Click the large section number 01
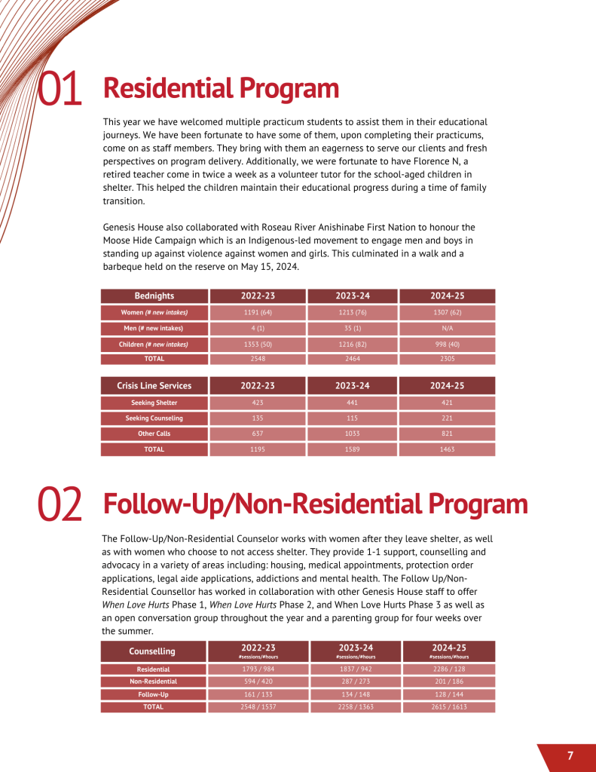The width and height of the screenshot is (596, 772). (x=60, y=89)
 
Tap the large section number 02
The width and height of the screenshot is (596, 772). (x=60, y=505)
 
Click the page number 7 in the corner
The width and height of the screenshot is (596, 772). (x=570, y=756)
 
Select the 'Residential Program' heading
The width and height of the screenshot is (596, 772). (x=221, y=88)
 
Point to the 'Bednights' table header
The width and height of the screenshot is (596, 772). (x=154, y=296)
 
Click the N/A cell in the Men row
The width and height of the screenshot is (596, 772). (x=447, y=328)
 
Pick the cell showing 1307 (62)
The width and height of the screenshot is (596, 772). (x=447, y=312)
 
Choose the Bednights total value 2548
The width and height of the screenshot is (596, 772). (x=258, y=360)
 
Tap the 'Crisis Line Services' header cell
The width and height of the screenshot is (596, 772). (x=154, y=385)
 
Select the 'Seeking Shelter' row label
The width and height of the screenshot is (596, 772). (x=154, y=403)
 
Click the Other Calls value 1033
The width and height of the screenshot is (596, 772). (x=353, y=433)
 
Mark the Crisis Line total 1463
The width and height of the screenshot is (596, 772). (x=447, y=449)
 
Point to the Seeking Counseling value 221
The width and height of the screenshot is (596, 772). (x=447, y=418)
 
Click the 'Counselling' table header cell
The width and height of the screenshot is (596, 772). (x=152, y=651)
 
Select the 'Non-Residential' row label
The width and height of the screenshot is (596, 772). (x=153, y=681)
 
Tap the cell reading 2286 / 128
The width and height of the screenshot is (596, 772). (x=449, y=669)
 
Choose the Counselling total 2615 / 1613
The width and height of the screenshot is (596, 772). (x=449, y=707)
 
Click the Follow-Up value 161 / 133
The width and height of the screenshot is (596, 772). (x=258, y=694)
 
